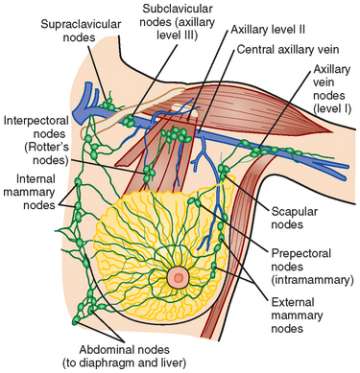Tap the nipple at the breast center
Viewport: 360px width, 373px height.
[179, 275]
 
